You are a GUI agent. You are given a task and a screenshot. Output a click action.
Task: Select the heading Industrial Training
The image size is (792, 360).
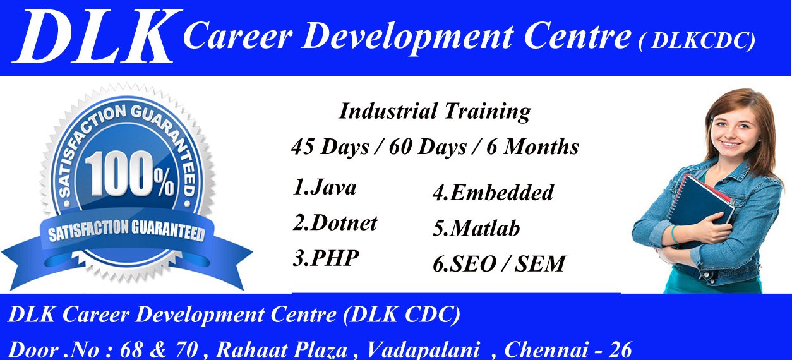[435, 112]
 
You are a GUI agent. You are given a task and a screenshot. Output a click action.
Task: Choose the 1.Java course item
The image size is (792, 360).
[325, 188]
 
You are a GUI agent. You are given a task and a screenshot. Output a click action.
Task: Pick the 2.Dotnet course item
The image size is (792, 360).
[335, 222]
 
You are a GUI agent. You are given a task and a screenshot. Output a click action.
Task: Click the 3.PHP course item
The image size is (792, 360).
[326, 258]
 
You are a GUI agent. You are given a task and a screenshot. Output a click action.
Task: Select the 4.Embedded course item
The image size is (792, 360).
[493, 193]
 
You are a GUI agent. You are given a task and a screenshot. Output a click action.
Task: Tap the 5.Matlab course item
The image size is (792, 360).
[476, 229]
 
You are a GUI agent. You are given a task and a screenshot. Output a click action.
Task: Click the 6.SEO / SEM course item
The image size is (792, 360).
[499, 264]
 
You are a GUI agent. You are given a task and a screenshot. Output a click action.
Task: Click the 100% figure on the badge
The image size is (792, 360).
[129, 177]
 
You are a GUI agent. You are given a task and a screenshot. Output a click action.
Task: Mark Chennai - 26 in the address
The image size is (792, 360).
[568, 349]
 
